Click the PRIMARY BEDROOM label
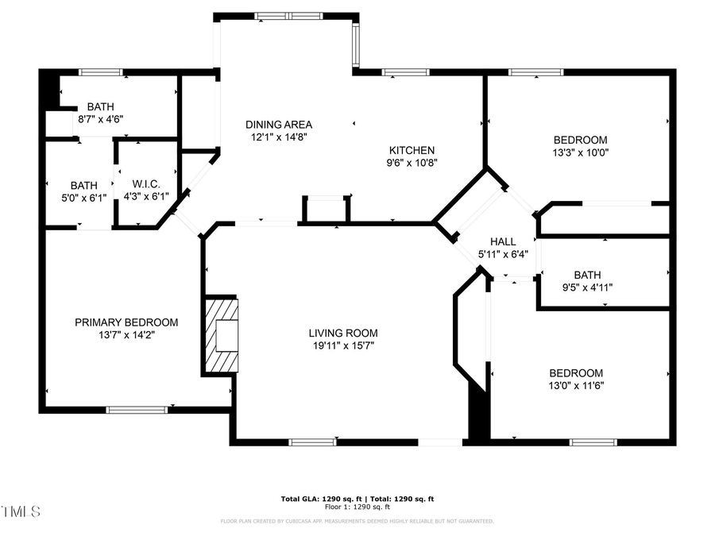pos(126,322)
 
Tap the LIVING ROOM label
pos(343,333)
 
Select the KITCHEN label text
pos(412,150)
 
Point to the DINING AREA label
pos(279,124)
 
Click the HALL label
pos(502,241)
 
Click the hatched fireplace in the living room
pos(222,334)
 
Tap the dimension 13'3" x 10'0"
pos(580,152)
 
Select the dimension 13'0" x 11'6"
pos(576,386)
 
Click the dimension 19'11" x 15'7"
pos(343,345)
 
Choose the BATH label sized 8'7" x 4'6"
pos(100,106)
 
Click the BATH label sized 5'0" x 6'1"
pos(83,185)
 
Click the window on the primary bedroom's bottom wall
pos(137,410)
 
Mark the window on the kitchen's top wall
pos(405,72)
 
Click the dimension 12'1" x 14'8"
pos(279,137)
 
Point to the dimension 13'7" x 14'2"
pos(126,335)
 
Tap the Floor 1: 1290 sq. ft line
pos(357,507)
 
